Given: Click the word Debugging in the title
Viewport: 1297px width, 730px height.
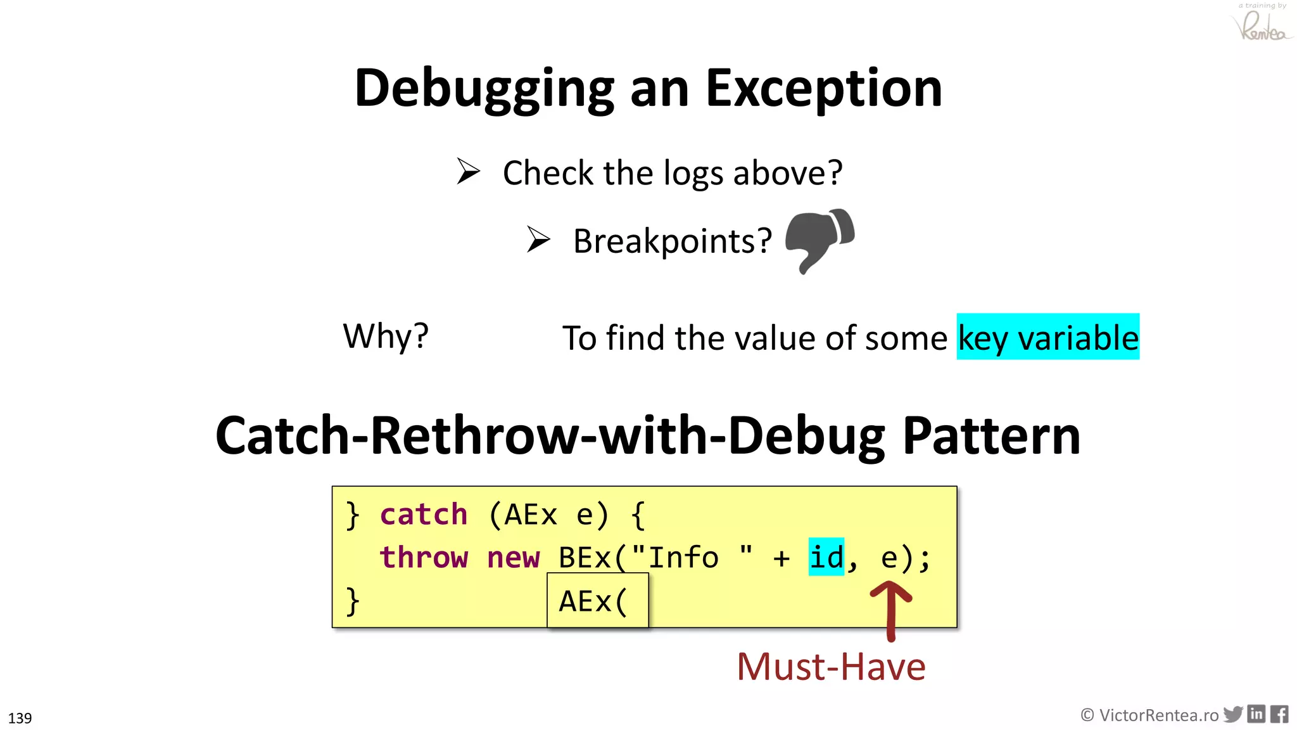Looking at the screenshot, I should tap(484, 89).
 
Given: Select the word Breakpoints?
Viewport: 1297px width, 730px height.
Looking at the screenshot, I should tap(672, 241).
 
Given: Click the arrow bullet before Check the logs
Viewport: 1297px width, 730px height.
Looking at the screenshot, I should tap(468, 171).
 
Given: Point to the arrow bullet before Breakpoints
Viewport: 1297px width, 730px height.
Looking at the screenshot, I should tap(538, 240).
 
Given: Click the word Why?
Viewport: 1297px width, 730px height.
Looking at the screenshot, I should tap(385, 336).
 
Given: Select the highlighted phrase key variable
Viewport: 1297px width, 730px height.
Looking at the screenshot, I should tap(1047, 337).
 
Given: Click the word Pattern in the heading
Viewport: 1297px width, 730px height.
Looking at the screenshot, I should tap(991, 436).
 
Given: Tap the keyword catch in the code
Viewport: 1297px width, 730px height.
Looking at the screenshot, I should tap(423, 515).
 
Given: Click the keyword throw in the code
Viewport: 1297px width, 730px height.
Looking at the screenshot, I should tap(423, 558).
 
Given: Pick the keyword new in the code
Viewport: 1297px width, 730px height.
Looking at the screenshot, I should tap(513, 558).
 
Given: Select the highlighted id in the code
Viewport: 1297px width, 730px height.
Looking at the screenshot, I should tap(826, 557).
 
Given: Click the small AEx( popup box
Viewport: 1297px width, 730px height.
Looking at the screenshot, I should tap(597, 600).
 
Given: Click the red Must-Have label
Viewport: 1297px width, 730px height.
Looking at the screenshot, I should tap(830, 667).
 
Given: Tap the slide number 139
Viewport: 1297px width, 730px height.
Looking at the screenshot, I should tap(20, 718).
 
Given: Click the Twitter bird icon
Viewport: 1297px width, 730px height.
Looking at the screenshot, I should tap(1232, 714).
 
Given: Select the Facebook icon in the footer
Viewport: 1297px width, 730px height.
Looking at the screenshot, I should tap(1279, 714).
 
